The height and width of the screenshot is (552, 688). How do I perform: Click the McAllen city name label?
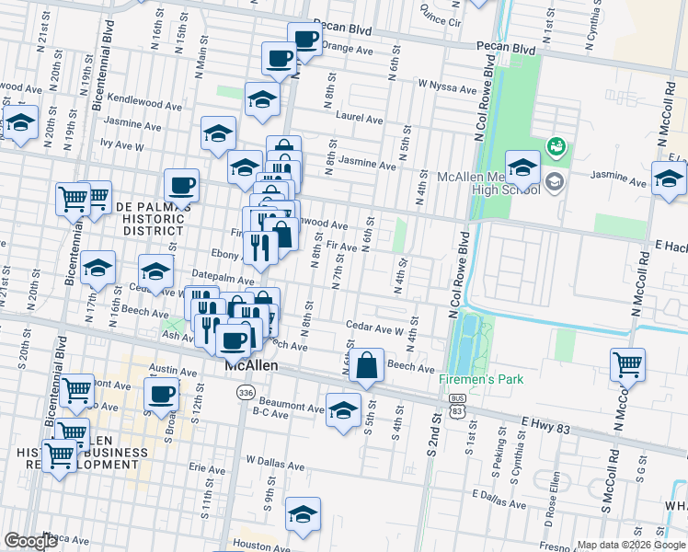pos(252,365)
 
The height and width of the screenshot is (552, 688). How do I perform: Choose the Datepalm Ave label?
pos(222,278)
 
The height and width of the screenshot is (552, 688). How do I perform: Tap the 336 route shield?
pos(245,393)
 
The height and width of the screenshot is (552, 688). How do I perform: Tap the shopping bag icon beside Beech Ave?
pos(367,363)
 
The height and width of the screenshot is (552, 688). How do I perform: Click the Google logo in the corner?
pos(30,541)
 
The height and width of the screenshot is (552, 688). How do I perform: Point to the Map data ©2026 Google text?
pos(629,545)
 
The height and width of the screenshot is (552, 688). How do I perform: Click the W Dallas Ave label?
pos(276,458)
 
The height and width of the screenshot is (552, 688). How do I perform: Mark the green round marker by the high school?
pos(556,145)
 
